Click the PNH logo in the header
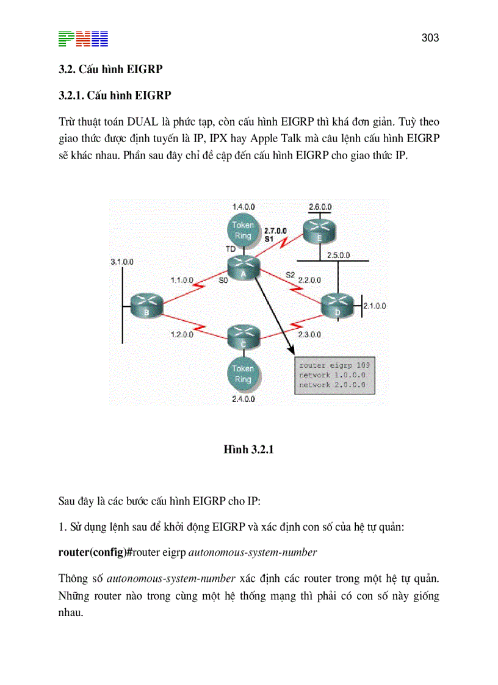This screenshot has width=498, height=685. tap(83, 39)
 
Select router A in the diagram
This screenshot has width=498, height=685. tap(244, 268)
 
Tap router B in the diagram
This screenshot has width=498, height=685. tap(146, 305)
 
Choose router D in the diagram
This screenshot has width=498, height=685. tap(337, 305)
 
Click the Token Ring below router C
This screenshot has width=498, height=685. tap(243, 374)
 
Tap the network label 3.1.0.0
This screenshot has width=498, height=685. tap(122, 262)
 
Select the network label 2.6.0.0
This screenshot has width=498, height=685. tap(320, 207)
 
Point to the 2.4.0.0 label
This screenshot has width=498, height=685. tap(243, 399)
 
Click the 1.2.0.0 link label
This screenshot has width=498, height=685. tap(182, 335)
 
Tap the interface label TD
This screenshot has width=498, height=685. tap(231, 249)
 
